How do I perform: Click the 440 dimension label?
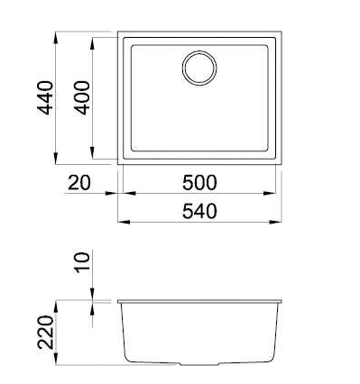click(45, 98)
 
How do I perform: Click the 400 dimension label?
click(82, 97)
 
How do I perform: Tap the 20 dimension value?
click(78, 183)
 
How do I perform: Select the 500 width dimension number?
click(199, 183)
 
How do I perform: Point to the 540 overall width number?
click(199, 211)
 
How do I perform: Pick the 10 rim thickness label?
click(82, 262)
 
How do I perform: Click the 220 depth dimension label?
click(45, 332)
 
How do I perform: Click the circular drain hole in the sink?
click(199, 68)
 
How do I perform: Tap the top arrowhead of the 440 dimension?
click(56, 38)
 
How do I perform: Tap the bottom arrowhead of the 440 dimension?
click(56, 158)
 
